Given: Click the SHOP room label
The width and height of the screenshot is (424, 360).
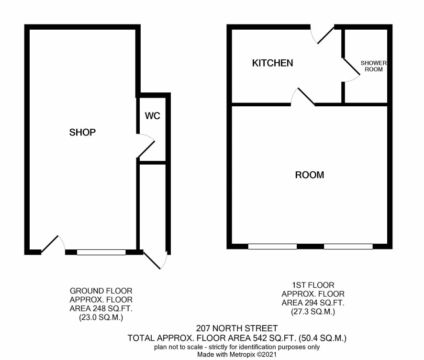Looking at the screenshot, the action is (82, 132).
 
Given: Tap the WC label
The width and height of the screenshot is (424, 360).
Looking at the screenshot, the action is (153, 116).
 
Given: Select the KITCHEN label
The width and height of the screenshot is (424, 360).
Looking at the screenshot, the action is (273, 63).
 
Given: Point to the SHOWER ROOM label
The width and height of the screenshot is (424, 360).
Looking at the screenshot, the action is (374, 66).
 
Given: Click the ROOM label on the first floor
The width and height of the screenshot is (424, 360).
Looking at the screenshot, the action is (310, 175).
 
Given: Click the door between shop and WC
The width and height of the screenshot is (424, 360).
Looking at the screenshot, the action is (146, 146).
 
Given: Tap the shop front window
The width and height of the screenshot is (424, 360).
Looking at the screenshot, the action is (101, 252).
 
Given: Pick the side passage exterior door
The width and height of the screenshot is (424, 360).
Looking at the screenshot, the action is (155, 260).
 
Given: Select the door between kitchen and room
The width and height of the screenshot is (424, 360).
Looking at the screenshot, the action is (303, 97).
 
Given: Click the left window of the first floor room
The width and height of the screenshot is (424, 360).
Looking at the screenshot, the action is (272, 247).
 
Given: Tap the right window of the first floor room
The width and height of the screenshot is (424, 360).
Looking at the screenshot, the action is (348, 247).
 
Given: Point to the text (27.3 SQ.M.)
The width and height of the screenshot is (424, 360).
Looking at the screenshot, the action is (313, 312).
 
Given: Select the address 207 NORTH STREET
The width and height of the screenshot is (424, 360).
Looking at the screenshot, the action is (237, 328).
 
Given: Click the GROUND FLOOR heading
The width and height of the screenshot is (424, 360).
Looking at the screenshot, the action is (101, 291).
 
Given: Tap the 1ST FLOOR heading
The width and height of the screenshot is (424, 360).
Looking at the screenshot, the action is (313, 285).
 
